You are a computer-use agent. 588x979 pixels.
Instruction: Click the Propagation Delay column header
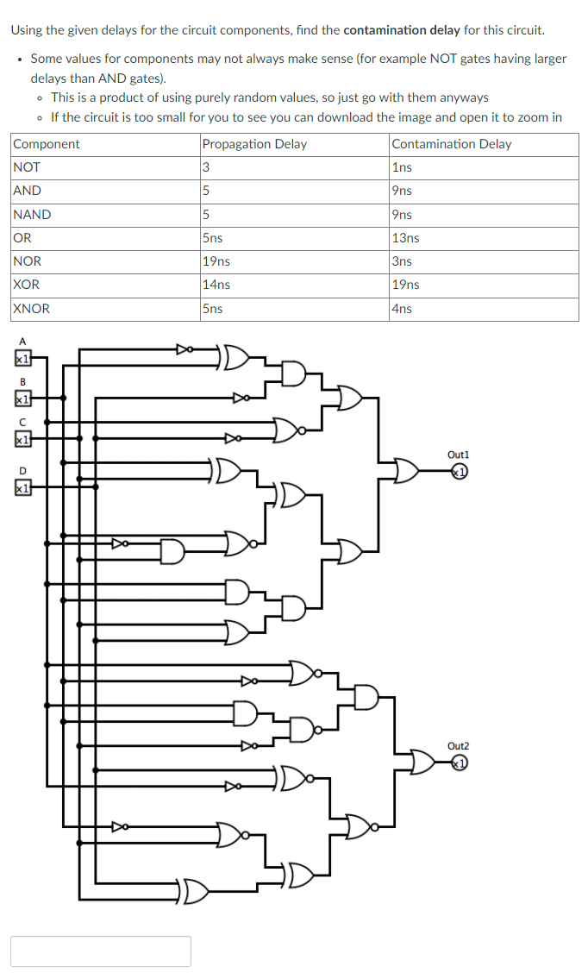coord(253,144)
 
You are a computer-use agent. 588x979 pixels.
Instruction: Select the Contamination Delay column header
coord(451,144)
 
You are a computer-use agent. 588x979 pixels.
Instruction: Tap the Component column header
coord(47,144)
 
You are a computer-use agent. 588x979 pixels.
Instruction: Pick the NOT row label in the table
coord(27,167)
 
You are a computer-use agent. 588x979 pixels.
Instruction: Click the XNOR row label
coord(32,308)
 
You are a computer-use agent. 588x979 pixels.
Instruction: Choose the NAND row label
coord(32,214)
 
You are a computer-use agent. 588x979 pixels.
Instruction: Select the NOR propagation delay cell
coord(216,261)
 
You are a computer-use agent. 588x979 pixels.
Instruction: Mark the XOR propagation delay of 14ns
coord(216,285)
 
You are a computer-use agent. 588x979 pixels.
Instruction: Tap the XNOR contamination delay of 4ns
coord(401,308)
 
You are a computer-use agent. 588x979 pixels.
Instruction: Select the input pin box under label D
coord(22,488)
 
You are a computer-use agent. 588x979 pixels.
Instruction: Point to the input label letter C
coord(22,422)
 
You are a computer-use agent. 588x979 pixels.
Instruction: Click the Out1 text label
coord(458,454)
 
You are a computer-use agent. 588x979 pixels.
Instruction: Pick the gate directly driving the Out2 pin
coord(423,762)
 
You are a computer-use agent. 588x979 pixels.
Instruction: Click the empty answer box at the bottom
coord(101,951)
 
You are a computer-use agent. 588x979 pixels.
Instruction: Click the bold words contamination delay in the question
coord(401,30)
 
